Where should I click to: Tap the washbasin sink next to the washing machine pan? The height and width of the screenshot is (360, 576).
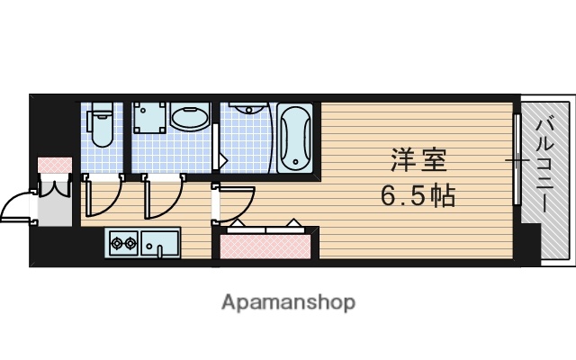point(190,119)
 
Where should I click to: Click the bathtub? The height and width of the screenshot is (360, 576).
point(293,139)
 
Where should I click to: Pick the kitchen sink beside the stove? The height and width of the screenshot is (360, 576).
point(160,243)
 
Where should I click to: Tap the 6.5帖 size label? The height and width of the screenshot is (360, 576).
point(416,195)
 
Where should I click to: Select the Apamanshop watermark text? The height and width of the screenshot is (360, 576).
point(288,301)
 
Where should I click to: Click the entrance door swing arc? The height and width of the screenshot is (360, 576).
point(16,207)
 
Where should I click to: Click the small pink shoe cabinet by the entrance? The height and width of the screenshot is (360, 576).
point(55,166)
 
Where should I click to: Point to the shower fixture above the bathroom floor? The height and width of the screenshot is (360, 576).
point(244,109)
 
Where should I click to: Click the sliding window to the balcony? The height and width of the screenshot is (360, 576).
point(517,162)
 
